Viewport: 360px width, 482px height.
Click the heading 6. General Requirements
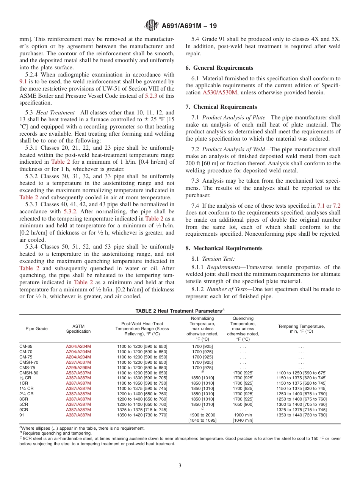pyautogui.click(x=219, y=68)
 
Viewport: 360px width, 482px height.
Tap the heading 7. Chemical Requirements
pyautogui.click(x=221, y=107)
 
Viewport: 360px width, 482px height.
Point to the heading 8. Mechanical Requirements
pyautogui.click(x=224, y=248)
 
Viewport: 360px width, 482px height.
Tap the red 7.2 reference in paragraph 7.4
pyautogui.click(x=336, y=206)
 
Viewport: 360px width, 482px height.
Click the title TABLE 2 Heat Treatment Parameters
pyautogui.click(x=178, y=311)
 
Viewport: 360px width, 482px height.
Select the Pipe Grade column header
pyautogui.click(x=37, y=329)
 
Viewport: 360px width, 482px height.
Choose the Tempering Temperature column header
pyautogui.click(x=301, y=329)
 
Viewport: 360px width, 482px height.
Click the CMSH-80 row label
pyautogui.click(x=29, y=373)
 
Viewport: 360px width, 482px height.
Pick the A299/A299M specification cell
pyautogui.click(x=78, y=368)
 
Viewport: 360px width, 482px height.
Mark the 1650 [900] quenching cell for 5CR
pyautogui.click(x=243, y=404)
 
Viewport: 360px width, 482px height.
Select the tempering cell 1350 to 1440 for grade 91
pyautogui.click(x=301, y=415)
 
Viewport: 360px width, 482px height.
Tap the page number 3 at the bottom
pyautogui.click(x=180, y=466)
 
